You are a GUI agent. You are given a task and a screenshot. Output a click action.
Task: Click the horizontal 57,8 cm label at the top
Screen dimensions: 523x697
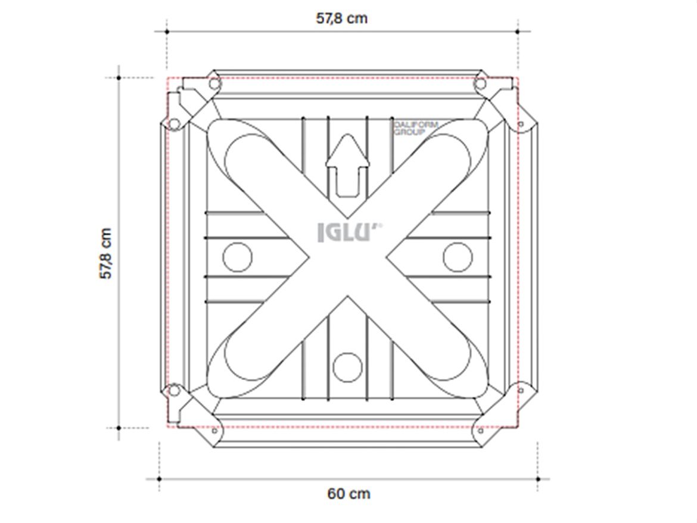point(341,18)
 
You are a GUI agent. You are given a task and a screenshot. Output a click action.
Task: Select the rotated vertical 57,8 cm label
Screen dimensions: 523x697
point(106,253)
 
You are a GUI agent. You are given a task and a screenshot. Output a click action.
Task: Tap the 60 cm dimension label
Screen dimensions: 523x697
point(348,494)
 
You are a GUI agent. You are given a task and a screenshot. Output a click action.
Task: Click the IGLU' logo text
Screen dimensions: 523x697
point(349,233)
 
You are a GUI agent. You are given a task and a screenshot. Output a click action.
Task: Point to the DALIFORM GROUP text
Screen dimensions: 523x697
point(416,128)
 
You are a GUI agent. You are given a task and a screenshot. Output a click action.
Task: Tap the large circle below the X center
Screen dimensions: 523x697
point(347,367)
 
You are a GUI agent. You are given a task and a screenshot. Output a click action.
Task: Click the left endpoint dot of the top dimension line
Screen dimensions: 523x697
point(167,31)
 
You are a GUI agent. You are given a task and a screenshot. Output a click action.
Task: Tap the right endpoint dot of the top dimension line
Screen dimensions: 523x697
point(518,31)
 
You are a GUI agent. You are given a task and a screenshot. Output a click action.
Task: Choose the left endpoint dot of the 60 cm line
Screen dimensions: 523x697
point(159,478)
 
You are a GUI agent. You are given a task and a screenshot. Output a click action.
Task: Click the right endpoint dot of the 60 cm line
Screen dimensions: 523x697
point(537,478)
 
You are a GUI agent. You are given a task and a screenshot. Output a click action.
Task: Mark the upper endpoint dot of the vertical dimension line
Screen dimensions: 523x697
point(119,77)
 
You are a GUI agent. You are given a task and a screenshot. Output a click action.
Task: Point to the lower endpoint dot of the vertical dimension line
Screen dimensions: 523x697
point(119,428)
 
